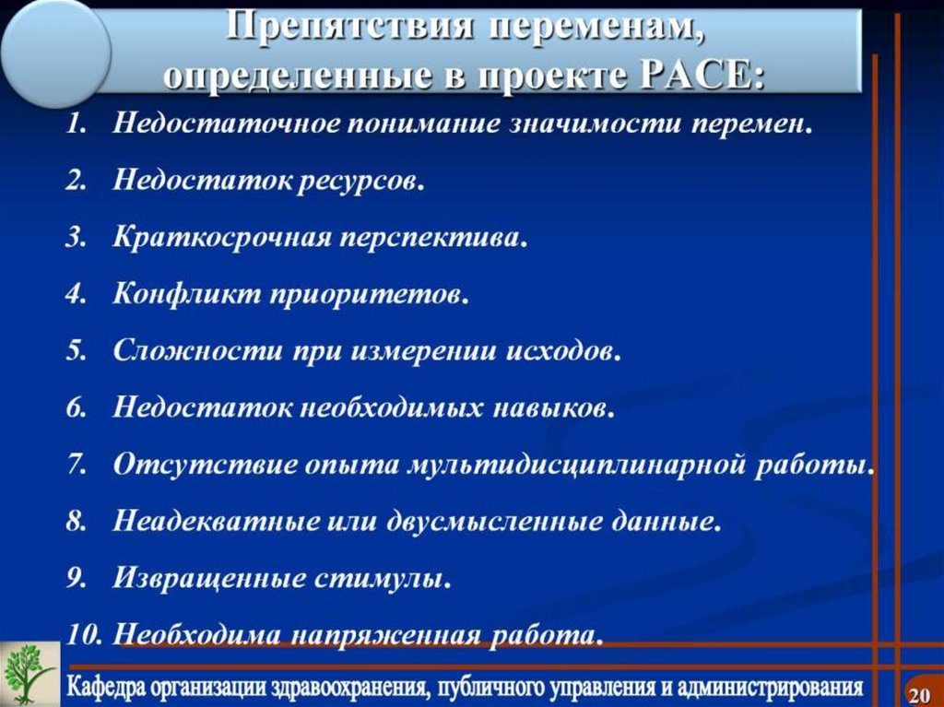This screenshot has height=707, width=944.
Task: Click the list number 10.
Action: pyautogui.click(x=84, y=635)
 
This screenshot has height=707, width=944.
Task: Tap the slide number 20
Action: pyautogui.click(x=918, y=693)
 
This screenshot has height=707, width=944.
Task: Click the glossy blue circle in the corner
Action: pyautogui.click(x=55, y=46)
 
